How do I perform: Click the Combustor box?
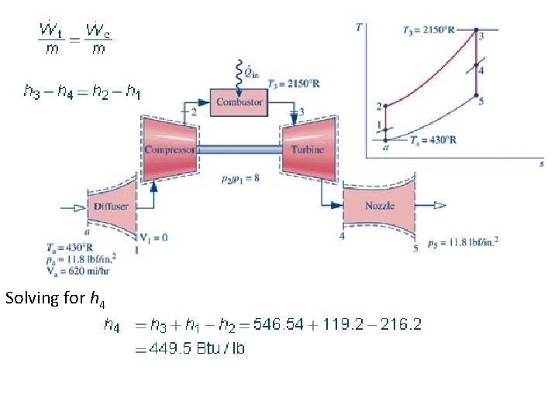pos(239,101)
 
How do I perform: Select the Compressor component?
pos(168,149)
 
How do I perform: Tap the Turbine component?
pos(308,149)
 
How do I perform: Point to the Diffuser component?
pos(112,206)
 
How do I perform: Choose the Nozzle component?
pos(380,205)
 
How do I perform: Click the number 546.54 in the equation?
pos(293,325)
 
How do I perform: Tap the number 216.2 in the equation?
pos(401,325)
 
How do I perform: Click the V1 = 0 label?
pos(153,237)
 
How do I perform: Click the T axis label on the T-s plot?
pos(359,27)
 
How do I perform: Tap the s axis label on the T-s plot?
pos(540,165)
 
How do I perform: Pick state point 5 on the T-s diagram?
pos(474,96)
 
